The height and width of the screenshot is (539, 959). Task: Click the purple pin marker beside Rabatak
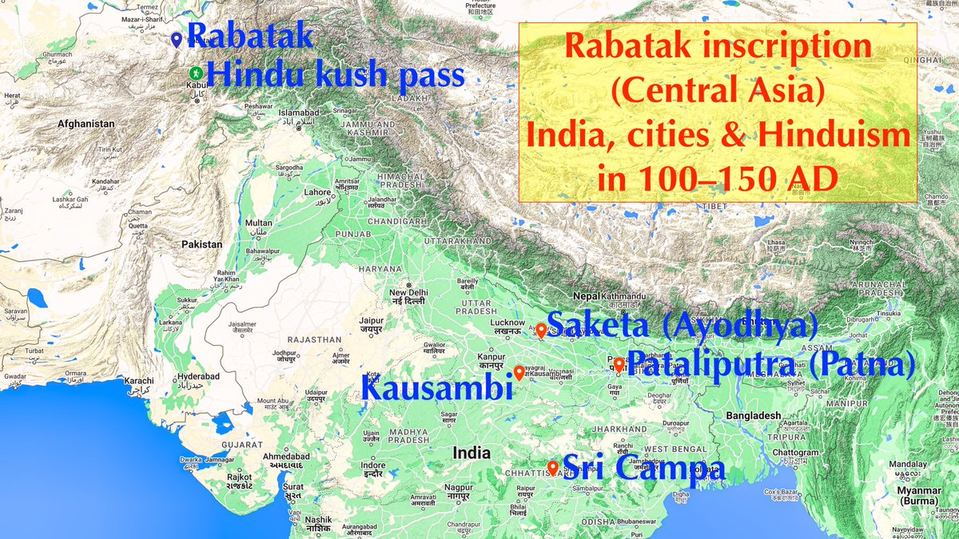click(x=177, y=40)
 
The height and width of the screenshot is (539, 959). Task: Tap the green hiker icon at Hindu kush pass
click(x=194, y=74)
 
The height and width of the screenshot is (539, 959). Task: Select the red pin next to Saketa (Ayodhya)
click(x=541, y=330)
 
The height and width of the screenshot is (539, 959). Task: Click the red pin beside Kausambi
click(x=519, y=372)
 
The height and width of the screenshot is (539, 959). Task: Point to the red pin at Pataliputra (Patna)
click(x=619, y=365)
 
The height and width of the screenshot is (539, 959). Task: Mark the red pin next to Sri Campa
click(x=552, y=467)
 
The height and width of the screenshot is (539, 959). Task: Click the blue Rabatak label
click(x=250, y=38)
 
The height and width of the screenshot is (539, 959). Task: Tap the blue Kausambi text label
click(x=436, y=390)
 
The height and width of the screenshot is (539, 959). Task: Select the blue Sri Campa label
click(x=643, y=467)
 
